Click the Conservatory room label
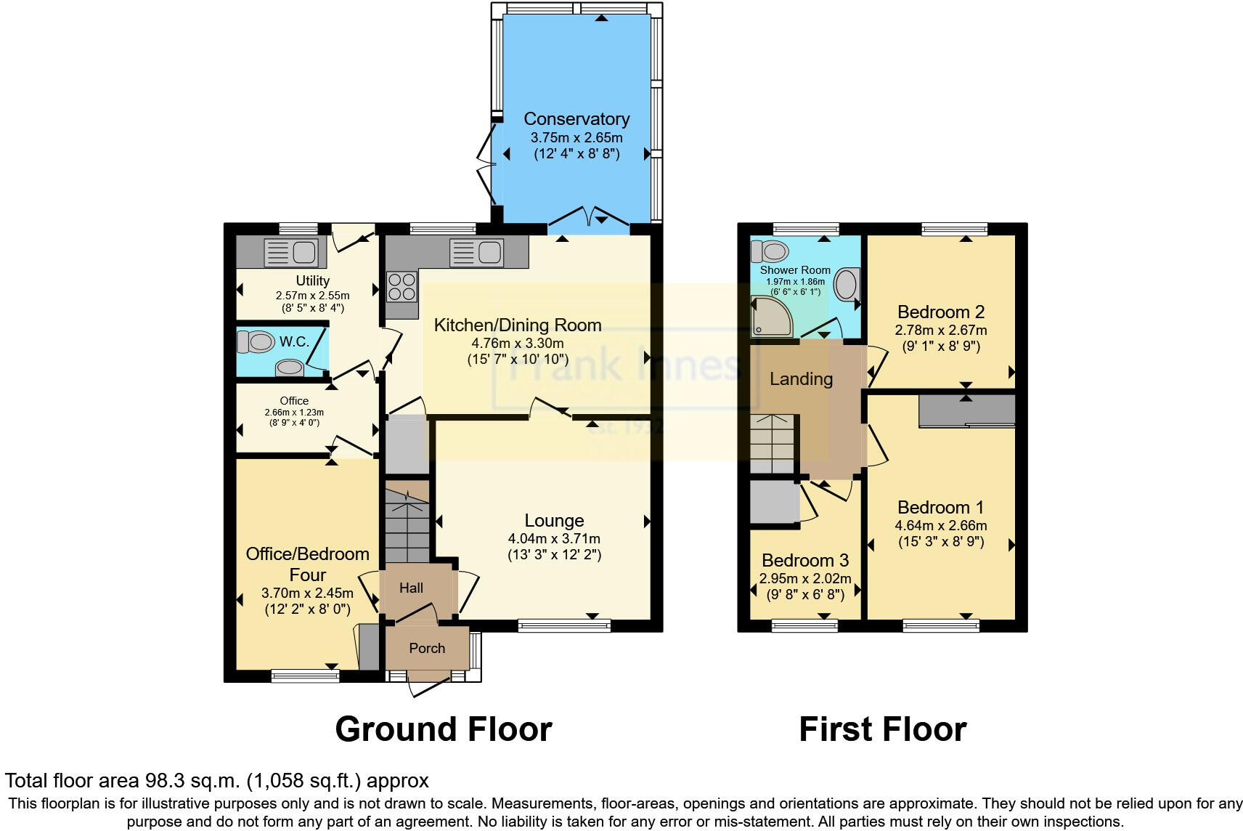pyautogui.click(x=576, y=119)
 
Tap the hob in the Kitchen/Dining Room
pyautogui.click(x=402, y=286)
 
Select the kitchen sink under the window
pyautogui.click(x=477, y=253)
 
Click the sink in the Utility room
pyautogui.click(x=291, y=253)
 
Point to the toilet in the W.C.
pyautogui.click(x=256, y=341)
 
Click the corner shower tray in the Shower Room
pyautogui.click(x=771, y=316)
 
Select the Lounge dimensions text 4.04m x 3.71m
pyautogui.click(x=554, y=539)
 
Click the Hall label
pyautogui.click(x=411, y=588)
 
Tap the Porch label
pyautogui.click(x=427, y=648)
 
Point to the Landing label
pyautogui.click(x=801, y=378)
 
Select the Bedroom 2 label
pyautogui.click(x=941, y=312)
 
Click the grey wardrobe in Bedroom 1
pyautogui.click(x=966, y=410)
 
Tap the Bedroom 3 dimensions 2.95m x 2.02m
pyautogui.click(x=805, y=579)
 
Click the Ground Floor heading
pyautogui.click(x=443, y=729)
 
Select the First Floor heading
pyautogui.click(x=882, y=729)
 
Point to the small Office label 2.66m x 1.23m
pyautogui.click(x=294, y=412)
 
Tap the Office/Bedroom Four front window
pyautogui.click(x=305, y=676)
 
